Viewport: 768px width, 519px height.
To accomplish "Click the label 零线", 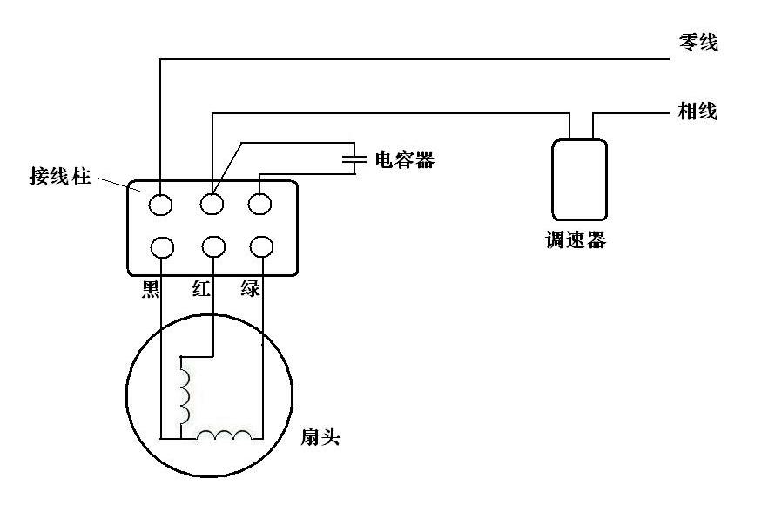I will point(698,42).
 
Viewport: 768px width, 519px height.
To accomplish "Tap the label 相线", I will point(698,111).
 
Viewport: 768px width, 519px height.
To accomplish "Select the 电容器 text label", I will point(404,159).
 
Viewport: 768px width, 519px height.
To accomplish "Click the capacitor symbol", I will point(354,159).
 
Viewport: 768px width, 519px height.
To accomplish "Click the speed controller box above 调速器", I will point(579,179).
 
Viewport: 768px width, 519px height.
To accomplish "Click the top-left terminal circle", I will point(161,205).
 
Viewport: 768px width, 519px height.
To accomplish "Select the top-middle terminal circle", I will point(212,205).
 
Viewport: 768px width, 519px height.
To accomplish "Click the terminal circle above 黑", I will point(161,247).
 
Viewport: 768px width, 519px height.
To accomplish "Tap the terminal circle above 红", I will point(212,247).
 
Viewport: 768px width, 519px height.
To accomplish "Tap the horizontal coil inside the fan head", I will point(225,435).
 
